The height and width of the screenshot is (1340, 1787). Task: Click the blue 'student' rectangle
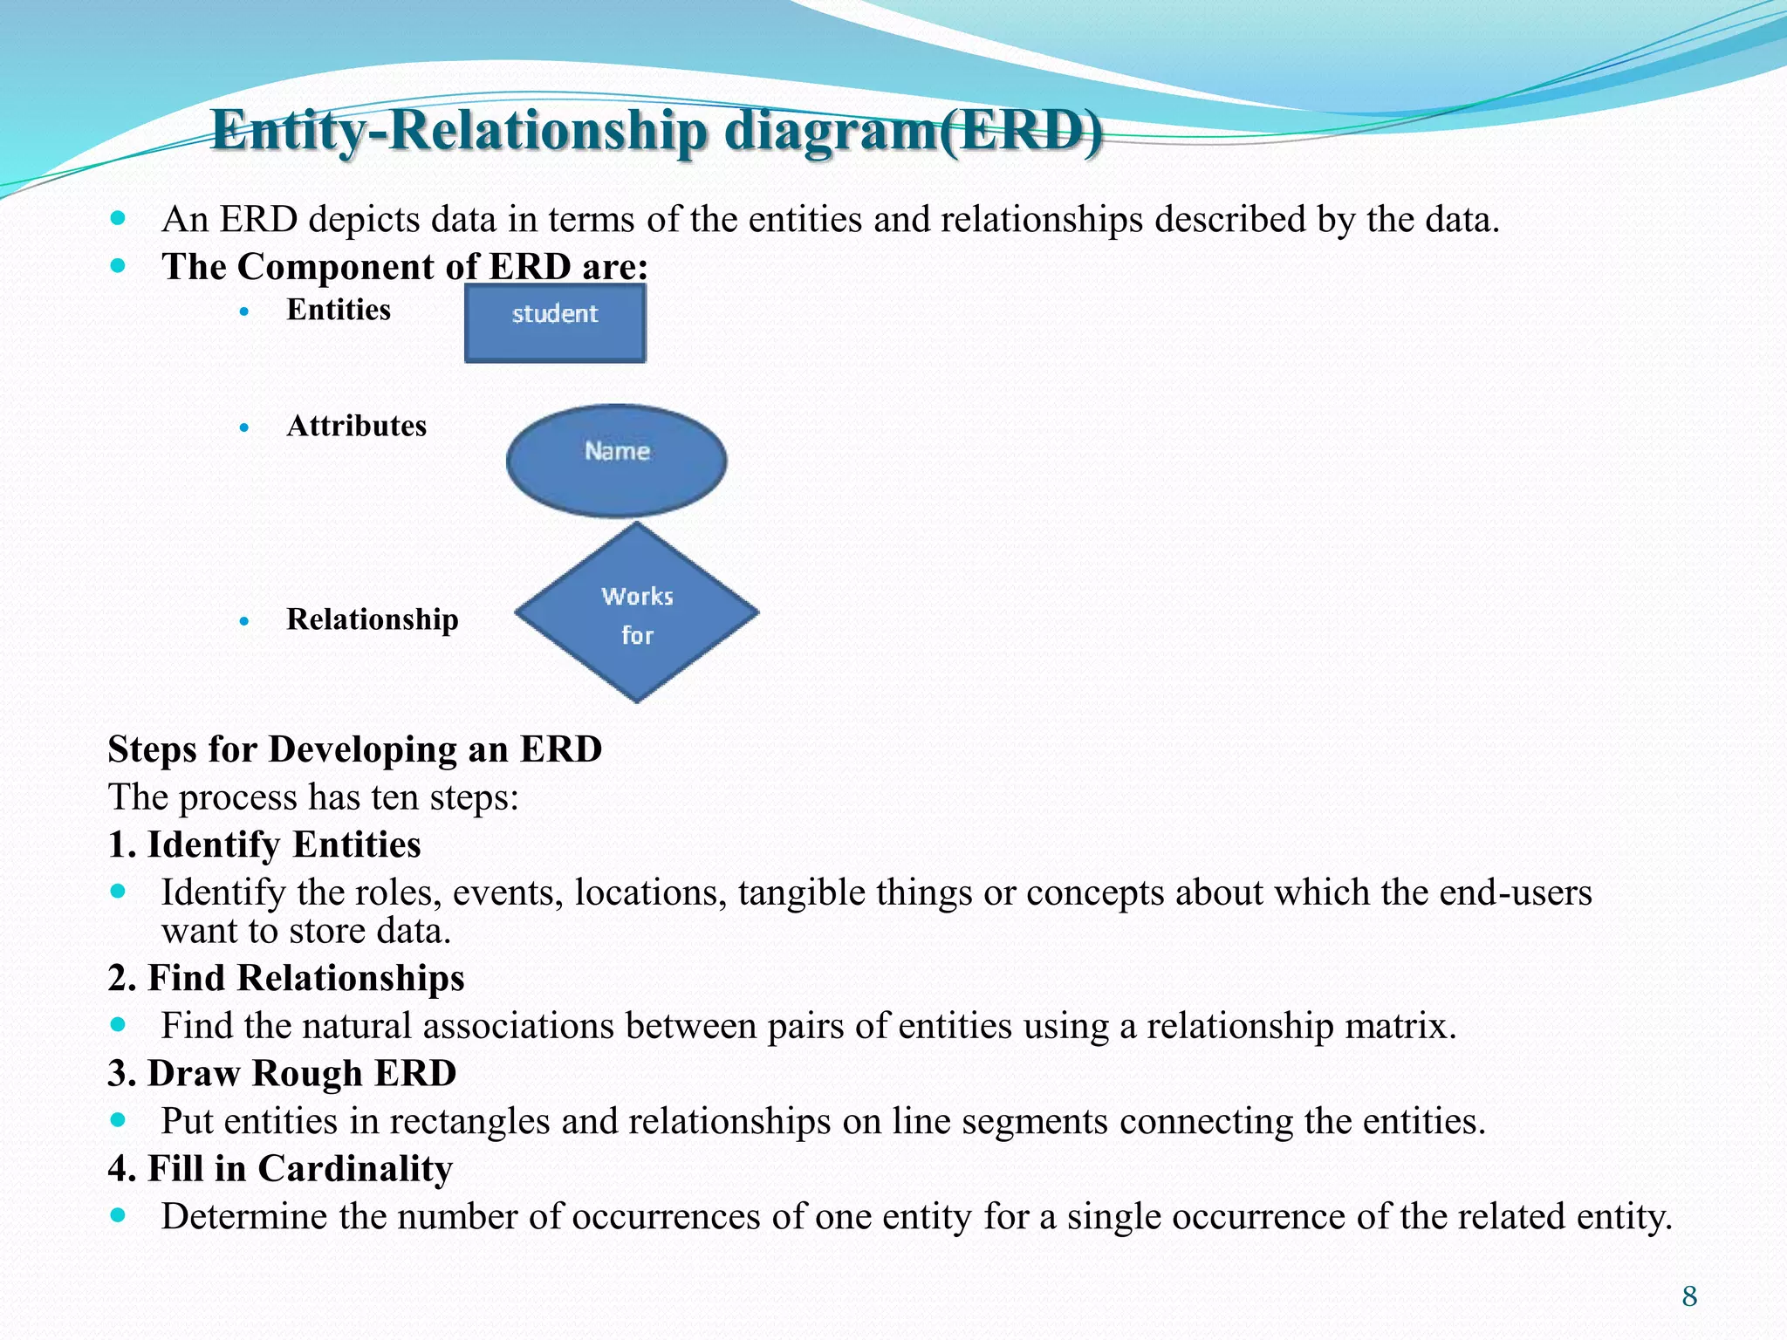click(555, 323)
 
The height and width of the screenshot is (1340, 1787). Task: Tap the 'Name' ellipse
click(616, 460)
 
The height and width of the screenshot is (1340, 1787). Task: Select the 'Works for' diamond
click(637, 613)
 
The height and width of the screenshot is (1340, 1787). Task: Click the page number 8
click(1689, 1296)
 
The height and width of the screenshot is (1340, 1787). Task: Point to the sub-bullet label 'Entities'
click(339, 310)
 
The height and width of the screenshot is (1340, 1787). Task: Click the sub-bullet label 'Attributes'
click(356, 426)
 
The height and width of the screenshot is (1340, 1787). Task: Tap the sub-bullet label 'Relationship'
click(372, 619)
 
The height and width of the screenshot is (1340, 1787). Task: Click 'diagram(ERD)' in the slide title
click(913, 131)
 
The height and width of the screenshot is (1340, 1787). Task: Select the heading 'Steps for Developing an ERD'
click(354, 749)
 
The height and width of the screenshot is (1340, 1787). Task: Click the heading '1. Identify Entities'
click(264, 844)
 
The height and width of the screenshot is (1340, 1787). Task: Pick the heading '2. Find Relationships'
click(286, 978)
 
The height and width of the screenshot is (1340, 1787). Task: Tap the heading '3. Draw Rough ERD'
click(282, 1073)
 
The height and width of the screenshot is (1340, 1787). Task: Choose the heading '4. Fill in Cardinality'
click(280, 1168)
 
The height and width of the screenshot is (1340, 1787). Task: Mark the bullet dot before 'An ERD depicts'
click(119, 217)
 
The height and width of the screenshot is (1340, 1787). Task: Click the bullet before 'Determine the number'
click(119, 1214)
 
